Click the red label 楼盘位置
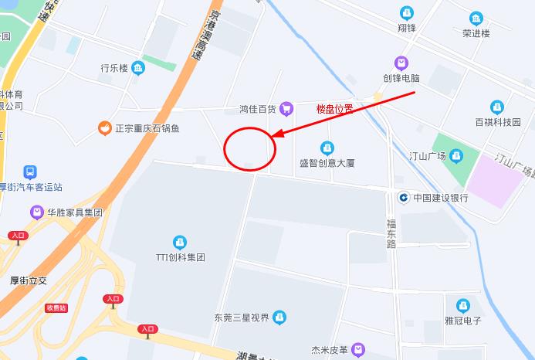(x=334, y=109)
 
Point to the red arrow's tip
(x=272, y=138)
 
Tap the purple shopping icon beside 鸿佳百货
(x=286, y=109)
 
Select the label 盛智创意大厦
(x=327, y=163)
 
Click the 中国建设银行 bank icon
(x=403, y=197)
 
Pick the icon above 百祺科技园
(x=498, y=107)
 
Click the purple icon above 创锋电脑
(x=401, y=63)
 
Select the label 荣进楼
(x=476, y=33)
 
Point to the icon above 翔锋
(x=406, y=12)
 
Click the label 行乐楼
(x=113, y=68)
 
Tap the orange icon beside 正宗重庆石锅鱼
(x=103, y=128)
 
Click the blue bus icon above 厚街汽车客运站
(x=30, y=172)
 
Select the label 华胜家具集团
(x=75, y=212)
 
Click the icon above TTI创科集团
(x=180, y=242)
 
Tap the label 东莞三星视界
(x=242, y=318)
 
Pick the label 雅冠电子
(x=463, y=321)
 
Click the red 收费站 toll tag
(x=56, y=307)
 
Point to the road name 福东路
(x=391, y=233)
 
